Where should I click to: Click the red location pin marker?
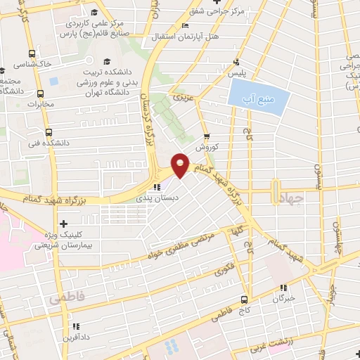coord(181,164)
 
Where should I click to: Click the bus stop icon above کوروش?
coord(207,137)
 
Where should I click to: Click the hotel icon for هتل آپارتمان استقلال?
coord(185,26)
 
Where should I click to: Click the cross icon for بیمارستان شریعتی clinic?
coord(65,224)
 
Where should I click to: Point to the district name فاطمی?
coord(67,300)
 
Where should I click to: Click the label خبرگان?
coord(283,299)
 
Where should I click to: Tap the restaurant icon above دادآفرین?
coord(75,326)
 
